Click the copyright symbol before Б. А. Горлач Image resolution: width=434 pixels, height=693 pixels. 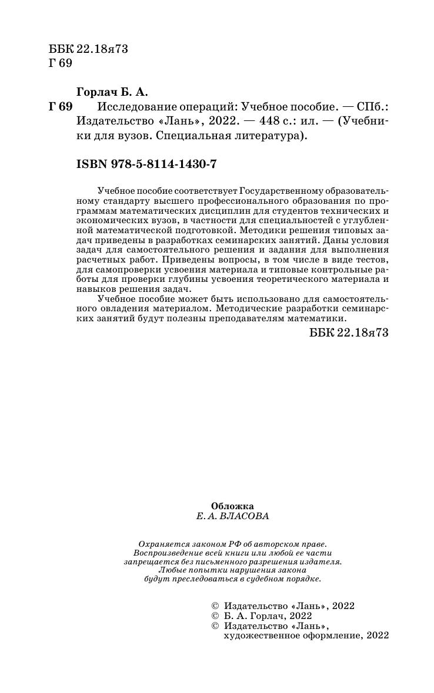(213, 615)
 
